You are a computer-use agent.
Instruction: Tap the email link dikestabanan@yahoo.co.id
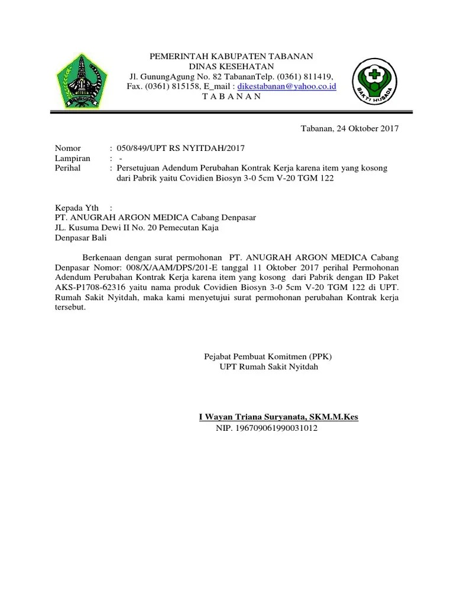pyautogui.click(x=287, y=86)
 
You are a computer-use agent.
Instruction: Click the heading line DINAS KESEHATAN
pyautogui.click(x=231, y=66)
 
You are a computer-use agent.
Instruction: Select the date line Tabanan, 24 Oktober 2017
pyautogui.click(x=350, y=128)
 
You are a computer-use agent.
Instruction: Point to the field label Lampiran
pyautogui.click(x=73, y=158)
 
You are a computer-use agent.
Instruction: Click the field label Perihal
pyautogui.click(x=69, y=168)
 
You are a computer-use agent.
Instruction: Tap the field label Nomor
pyautogui.click(x=68, y=148)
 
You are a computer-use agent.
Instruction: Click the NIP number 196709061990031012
pyautogui.click(x=267, y=427)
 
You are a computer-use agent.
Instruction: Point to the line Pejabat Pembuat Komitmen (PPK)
pyautogui.click(x=268, y=357)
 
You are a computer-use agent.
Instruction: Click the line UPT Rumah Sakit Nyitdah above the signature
pyautogui.click(x=268, y=367)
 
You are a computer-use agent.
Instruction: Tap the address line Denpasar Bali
pyautogui.click(x=82, y=238)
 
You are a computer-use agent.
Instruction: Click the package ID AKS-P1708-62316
pyautogui.click(x=89, y=288)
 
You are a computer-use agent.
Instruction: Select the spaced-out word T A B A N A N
pyautogui.click(x=231, y=96)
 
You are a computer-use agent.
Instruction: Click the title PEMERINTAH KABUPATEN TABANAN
pyautogui.click(x=231, y=56)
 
